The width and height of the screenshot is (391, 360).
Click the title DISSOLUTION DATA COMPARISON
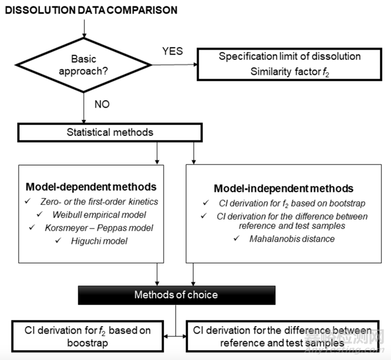(x=91, y=10)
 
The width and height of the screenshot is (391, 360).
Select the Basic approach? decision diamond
(x=83, y=65)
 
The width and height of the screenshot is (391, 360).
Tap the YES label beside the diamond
(x=172, y=51)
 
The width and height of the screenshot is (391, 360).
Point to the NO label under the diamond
(x=102, y=104)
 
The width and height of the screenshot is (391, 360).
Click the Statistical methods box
(x=110, y=132)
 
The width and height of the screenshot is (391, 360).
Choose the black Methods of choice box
(x=177, y=295)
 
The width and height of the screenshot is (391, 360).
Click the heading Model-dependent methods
(x=91, y=187)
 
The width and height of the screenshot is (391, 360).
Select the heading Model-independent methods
(x=283, y=189)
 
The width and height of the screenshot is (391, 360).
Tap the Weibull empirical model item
(x=99, y=215)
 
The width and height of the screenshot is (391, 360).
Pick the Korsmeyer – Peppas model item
(x=99, y=228)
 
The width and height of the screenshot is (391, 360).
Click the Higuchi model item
(x=99, y=241)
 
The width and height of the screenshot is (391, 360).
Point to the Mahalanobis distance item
(x=292, y=239)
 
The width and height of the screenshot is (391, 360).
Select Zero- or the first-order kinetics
(x=99, y=202)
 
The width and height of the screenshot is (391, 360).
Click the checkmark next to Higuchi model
(x=58, y=240)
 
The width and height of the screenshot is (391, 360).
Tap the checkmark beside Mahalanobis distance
(x=237, y=238)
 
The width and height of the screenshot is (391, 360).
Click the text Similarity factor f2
(x=290, y=72)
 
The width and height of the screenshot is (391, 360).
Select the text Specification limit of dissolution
(x=290, y=56)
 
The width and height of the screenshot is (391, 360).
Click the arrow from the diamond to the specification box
(x=175, y=65)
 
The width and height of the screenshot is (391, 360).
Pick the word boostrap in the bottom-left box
(x=87, y=343)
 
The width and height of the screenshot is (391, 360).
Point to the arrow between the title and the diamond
(x=85, y=29)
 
